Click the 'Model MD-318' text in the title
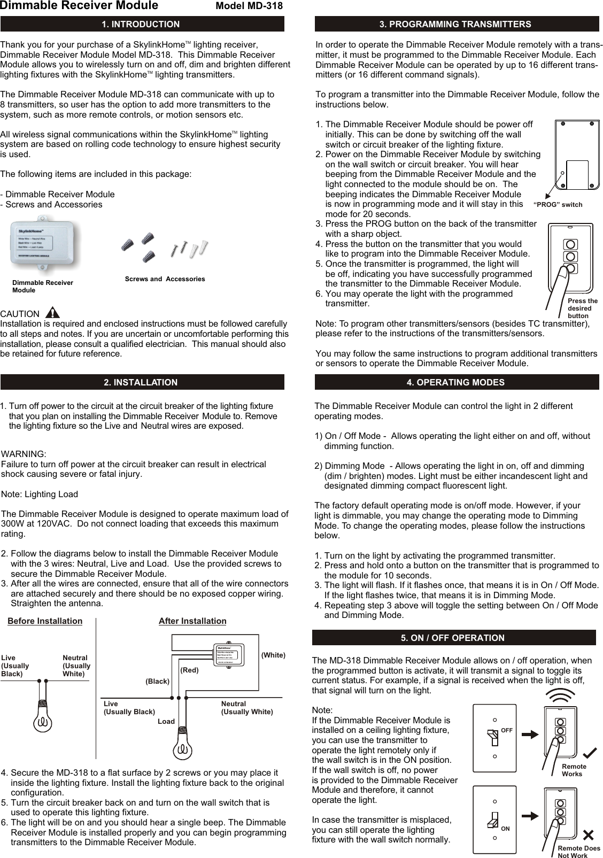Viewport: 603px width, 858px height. [x=249, y=6]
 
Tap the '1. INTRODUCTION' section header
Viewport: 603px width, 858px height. [x=141, y=24]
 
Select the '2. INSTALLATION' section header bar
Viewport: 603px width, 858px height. [x=141, y=382]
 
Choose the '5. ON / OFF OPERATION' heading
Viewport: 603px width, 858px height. [x=453, y=638]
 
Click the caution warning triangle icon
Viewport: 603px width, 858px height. [x=53, y=313]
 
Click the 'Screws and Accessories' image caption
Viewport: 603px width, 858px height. [x=165, y=279]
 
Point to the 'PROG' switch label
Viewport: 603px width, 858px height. [x=559, y=205]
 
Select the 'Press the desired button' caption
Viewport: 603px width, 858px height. [x=582, y=308]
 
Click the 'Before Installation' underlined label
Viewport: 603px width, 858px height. [x=45, y=621]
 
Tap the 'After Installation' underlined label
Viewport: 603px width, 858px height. [x=192, y=621]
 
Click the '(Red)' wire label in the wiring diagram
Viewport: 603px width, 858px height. [x=189, y=670]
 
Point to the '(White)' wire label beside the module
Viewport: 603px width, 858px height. [x=273, y=655]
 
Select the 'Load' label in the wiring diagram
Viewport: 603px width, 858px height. [x=166, y=722]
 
